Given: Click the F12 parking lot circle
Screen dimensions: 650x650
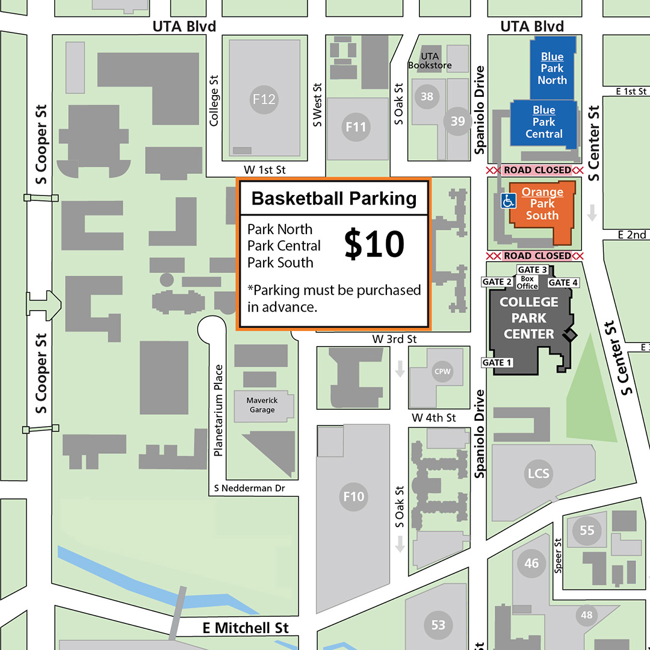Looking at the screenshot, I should [264, 99].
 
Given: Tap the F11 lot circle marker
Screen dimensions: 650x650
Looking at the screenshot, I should [356, 127].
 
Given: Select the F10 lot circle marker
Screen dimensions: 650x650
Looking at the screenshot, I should [354, 497].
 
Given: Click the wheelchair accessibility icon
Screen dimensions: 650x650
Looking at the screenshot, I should [509, 200].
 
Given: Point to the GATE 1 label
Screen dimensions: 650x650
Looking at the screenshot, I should [497, 362].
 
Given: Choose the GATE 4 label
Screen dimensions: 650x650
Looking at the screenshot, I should [563, 282].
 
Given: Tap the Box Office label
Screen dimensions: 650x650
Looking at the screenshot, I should [528, 282].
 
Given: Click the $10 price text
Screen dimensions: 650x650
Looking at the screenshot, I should [374, 245].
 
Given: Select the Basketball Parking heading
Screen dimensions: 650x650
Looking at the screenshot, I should [334, 199].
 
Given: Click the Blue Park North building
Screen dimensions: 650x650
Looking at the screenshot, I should [552, 68].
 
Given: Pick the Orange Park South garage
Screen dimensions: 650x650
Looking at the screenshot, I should [542, 205].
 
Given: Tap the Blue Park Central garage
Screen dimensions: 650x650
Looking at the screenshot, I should [543, 122].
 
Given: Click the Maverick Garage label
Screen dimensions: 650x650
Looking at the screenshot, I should [262, 405].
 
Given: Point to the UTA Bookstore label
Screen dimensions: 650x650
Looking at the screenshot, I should [430, 60].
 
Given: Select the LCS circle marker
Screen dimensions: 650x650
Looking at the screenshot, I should [539, 473].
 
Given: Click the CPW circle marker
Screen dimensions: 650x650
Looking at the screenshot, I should [442, 371].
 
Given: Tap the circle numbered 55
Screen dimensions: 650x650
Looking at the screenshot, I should [587, 530].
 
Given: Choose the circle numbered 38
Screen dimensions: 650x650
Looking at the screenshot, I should [427, 96].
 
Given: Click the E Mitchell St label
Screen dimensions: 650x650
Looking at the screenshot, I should [246, 628].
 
